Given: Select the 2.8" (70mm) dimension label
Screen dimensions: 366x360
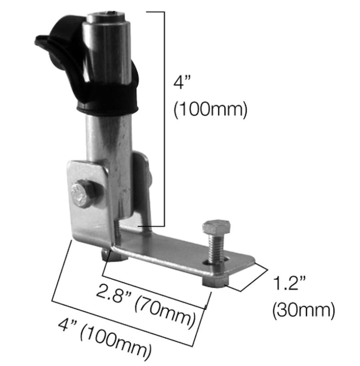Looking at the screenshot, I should (146, 306).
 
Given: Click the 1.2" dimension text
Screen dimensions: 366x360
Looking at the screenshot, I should (289, 285).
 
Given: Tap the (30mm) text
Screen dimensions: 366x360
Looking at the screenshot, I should (304, 310).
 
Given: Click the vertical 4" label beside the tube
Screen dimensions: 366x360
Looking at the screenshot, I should (182, 84).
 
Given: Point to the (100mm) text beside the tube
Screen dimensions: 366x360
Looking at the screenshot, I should (210, 109).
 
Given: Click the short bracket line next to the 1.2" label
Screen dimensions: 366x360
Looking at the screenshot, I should (248, 278).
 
